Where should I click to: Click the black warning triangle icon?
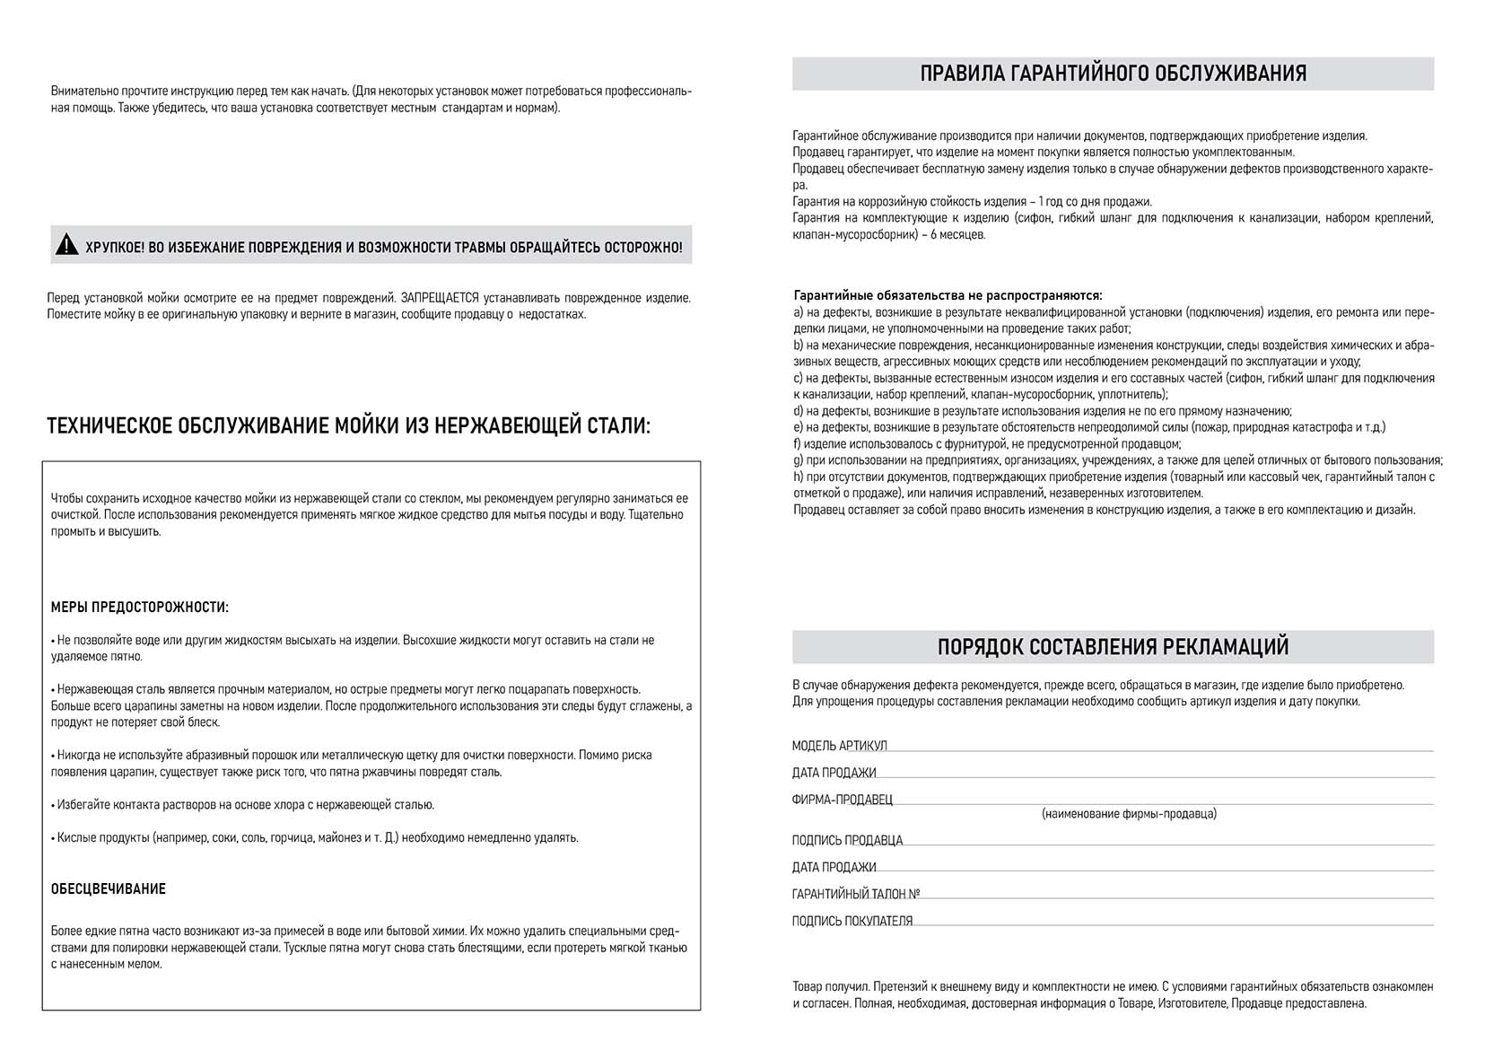click(67, 244)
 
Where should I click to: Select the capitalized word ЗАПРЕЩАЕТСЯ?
click(440, 298)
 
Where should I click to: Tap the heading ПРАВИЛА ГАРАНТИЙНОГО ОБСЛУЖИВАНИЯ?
click(1113, 74)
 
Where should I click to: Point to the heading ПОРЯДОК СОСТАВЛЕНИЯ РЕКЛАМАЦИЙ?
click(1113, 647)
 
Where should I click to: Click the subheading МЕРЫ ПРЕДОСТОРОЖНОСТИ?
click(139, 608)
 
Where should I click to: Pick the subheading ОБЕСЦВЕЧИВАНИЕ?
click(109, 889)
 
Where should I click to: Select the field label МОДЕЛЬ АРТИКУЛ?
click(839, 746)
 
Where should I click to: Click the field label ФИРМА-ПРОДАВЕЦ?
click(842, 800)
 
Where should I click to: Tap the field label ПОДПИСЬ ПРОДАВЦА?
click(847, 841)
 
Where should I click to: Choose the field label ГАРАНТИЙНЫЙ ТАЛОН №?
click(855, 895)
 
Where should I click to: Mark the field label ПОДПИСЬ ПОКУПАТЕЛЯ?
click(852, 922)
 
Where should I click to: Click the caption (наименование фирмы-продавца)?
click(1129, 814)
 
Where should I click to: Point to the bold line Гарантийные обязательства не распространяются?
click(948, 295)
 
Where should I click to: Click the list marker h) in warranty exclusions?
click(799, 477)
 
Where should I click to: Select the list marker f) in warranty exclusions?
click(797, 444)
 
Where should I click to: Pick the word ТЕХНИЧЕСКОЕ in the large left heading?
click(109, 425)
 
